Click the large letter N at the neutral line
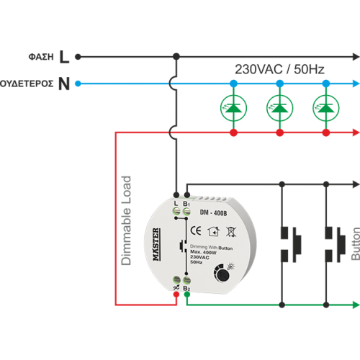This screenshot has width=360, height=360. coord(64,84)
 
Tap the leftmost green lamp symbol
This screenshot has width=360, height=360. coord(233,108)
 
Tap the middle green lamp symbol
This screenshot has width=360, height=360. coord(279,108)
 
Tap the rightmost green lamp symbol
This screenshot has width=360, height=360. coord(325,108)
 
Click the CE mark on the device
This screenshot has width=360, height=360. coord(192,232)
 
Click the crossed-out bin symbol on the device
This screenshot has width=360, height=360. coord(231,232)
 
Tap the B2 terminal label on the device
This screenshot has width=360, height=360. coord(187,289)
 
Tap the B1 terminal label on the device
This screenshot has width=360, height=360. coord(187,205)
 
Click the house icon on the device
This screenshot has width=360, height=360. coord(212,232)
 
